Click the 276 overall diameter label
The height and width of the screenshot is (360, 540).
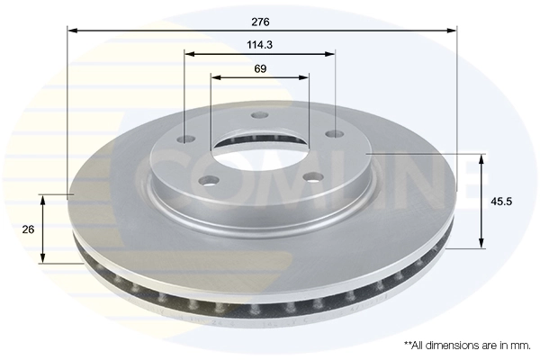coord(260,20)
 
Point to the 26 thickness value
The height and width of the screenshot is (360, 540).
coord(28,229)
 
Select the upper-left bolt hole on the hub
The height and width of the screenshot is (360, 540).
coord(187,139)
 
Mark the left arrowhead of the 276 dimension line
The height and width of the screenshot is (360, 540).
coord(73,31)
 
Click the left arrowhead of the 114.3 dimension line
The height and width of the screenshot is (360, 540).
coord(189,54)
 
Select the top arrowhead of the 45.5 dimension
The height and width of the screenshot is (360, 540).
coord(481,159)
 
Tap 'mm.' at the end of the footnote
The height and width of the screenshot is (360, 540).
coord(519,345)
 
